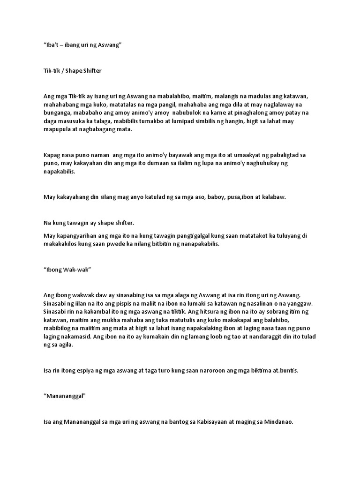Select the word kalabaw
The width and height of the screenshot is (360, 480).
273,197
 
